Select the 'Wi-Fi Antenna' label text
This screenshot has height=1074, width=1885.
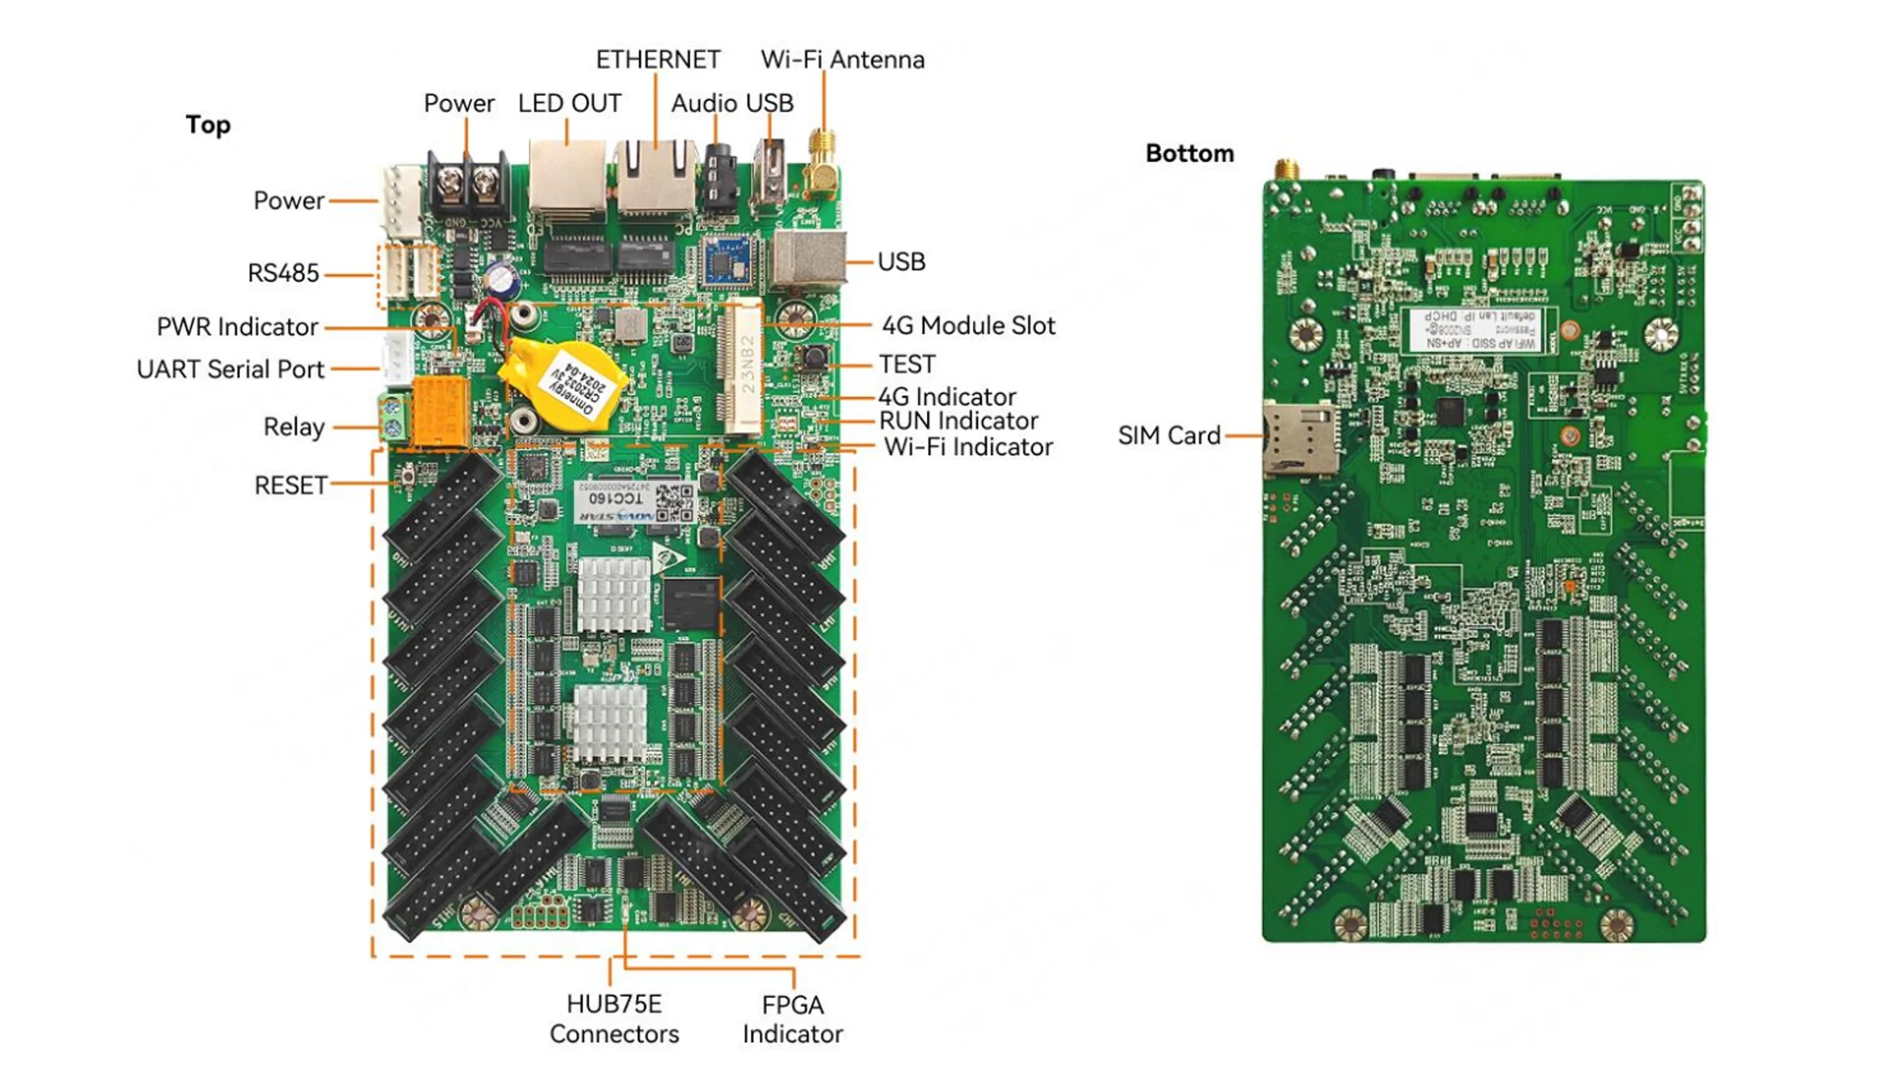[842, 60]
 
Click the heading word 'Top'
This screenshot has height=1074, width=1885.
[207, 125]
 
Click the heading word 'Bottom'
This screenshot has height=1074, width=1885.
[1189, 153]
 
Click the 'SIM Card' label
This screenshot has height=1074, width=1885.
[1169, 435]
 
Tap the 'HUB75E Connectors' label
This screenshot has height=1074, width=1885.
[614, 1018]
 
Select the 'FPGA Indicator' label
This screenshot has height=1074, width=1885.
[792, 1019]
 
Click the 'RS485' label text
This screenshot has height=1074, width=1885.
[283, 273]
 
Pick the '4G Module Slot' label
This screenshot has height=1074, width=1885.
[968, 325]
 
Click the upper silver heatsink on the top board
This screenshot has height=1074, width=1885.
[614, 594]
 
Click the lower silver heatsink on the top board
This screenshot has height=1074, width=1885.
[610, 723]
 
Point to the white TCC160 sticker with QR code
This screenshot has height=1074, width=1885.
[635, 502]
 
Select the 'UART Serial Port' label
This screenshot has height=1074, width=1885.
[230, 369]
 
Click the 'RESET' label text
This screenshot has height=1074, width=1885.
[290, 485]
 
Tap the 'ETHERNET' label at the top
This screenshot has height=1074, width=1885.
[657, 60]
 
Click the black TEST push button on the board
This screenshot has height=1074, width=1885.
[813, 357]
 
